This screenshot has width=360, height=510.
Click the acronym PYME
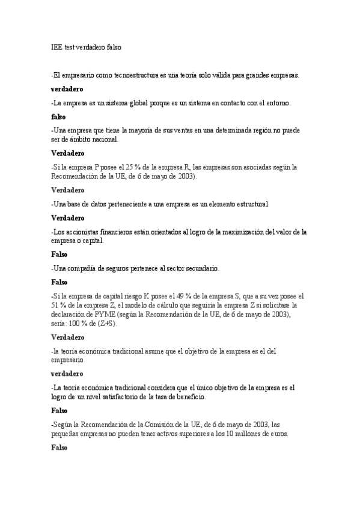click(x=117, y=314)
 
